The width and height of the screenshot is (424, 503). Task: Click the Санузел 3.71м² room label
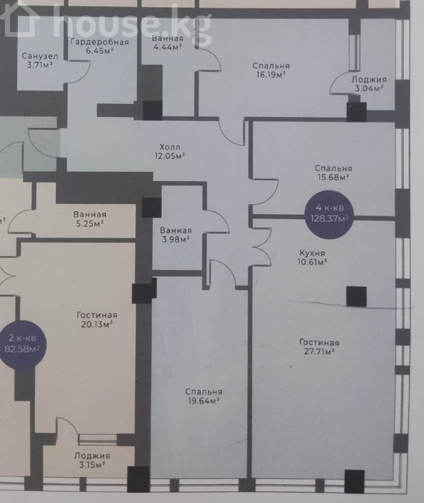point(40,61)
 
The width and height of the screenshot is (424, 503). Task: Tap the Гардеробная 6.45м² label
point(100,46)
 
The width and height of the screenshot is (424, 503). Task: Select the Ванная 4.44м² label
point(167,42)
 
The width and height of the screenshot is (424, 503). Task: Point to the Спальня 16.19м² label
point(271,70)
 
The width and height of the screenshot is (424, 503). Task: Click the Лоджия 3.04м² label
point(369,84)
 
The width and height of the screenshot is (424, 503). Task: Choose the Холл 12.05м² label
point(169,152)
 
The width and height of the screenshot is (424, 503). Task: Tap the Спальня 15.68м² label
point(333,172)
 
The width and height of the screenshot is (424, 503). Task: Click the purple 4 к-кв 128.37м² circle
point(329,214)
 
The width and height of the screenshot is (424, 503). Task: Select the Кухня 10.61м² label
point(312,258)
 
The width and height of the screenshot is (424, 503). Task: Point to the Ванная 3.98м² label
point(176,235)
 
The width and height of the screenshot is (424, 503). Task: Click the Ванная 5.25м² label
point(89,219)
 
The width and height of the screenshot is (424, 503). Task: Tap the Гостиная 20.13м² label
point(96,319)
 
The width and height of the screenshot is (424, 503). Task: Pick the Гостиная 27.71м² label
point(319,347)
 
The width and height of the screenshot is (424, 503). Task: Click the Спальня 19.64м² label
point(204,396)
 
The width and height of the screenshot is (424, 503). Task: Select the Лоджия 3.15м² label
point(92,460)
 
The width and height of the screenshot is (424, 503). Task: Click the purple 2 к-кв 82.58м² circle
point(22,343)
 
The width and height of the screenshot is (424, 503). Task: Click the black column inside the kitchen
point(356,296)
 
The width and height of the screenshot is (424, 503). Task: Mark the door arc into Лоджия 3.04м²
point(339,82)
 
